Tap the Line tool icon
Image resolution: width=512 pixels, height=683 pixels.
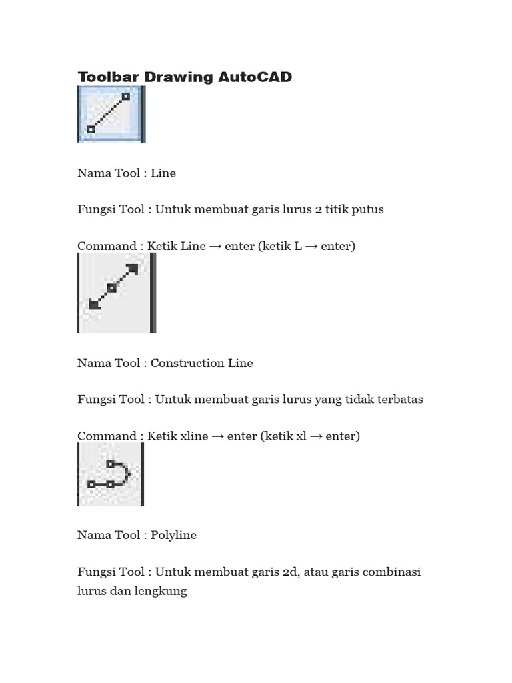tap(111, 114)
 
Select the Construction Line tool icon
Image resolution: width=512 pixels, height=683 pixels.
tap(116, 293)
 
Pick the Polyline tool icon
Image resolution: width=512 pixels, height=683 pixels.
tap(110, 474)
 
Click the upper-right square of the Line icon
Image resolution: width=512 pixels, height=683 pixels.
tap(127, 97)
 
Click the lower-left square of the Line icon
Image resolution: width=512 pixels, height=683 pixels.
tap(91, 129)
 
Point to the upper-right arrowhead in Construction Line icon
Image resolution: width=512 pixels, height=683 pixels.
tap(132, 269)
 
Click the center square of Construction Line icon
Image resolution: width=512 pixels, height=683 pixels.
tap(112, 288)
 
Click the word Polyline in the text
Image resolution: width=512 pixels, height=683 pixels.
tap(173, 535)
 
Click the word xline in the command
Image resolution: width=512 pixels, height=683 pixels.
tap(194, 436)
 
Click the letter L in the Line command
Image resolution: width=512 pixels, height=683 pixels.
tap(297, 246)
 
